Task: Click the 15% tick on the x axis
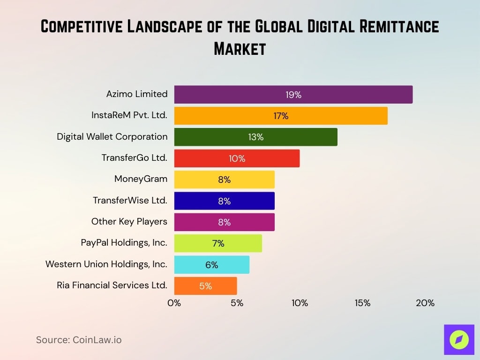pyautogui.click(x=362, y=303)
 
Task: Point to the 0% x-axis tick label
pyautogui.click(x=174, y=303)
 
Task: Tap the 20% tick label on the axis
pyautogui.click(x=425, y=303)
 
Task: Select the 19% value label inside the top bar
pyautogui.click(x=293, y=95)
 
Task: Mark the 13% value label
pyautogui.click(x=256, y=137)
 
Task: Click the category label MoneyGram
pyautogui.click(x=141, y=179)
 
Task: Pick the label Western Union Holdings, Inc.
pyautogui.click(x=106, y=264)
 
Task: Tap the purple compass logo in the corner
pyautogui.click(x=459, y=339)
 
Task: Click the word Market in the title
pyautogui.click(x=240, y=48)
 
